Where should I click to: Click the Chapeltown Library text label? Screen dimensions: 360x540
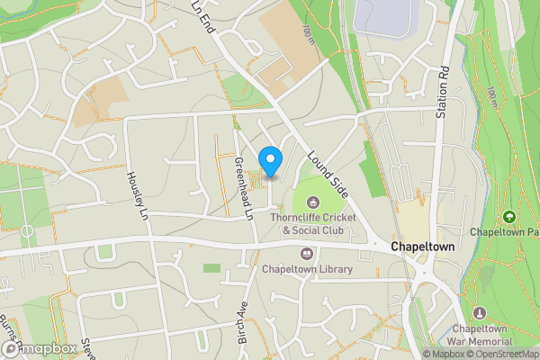307,269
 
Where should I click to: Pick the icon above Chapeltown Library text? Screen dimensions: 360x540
307,253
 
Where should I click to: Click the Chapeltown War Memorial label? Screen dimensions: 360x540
481,335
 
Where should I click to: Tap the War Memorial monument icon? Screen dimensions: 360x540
479,312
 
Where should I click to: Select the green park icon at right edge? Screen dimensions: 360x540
510,217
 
